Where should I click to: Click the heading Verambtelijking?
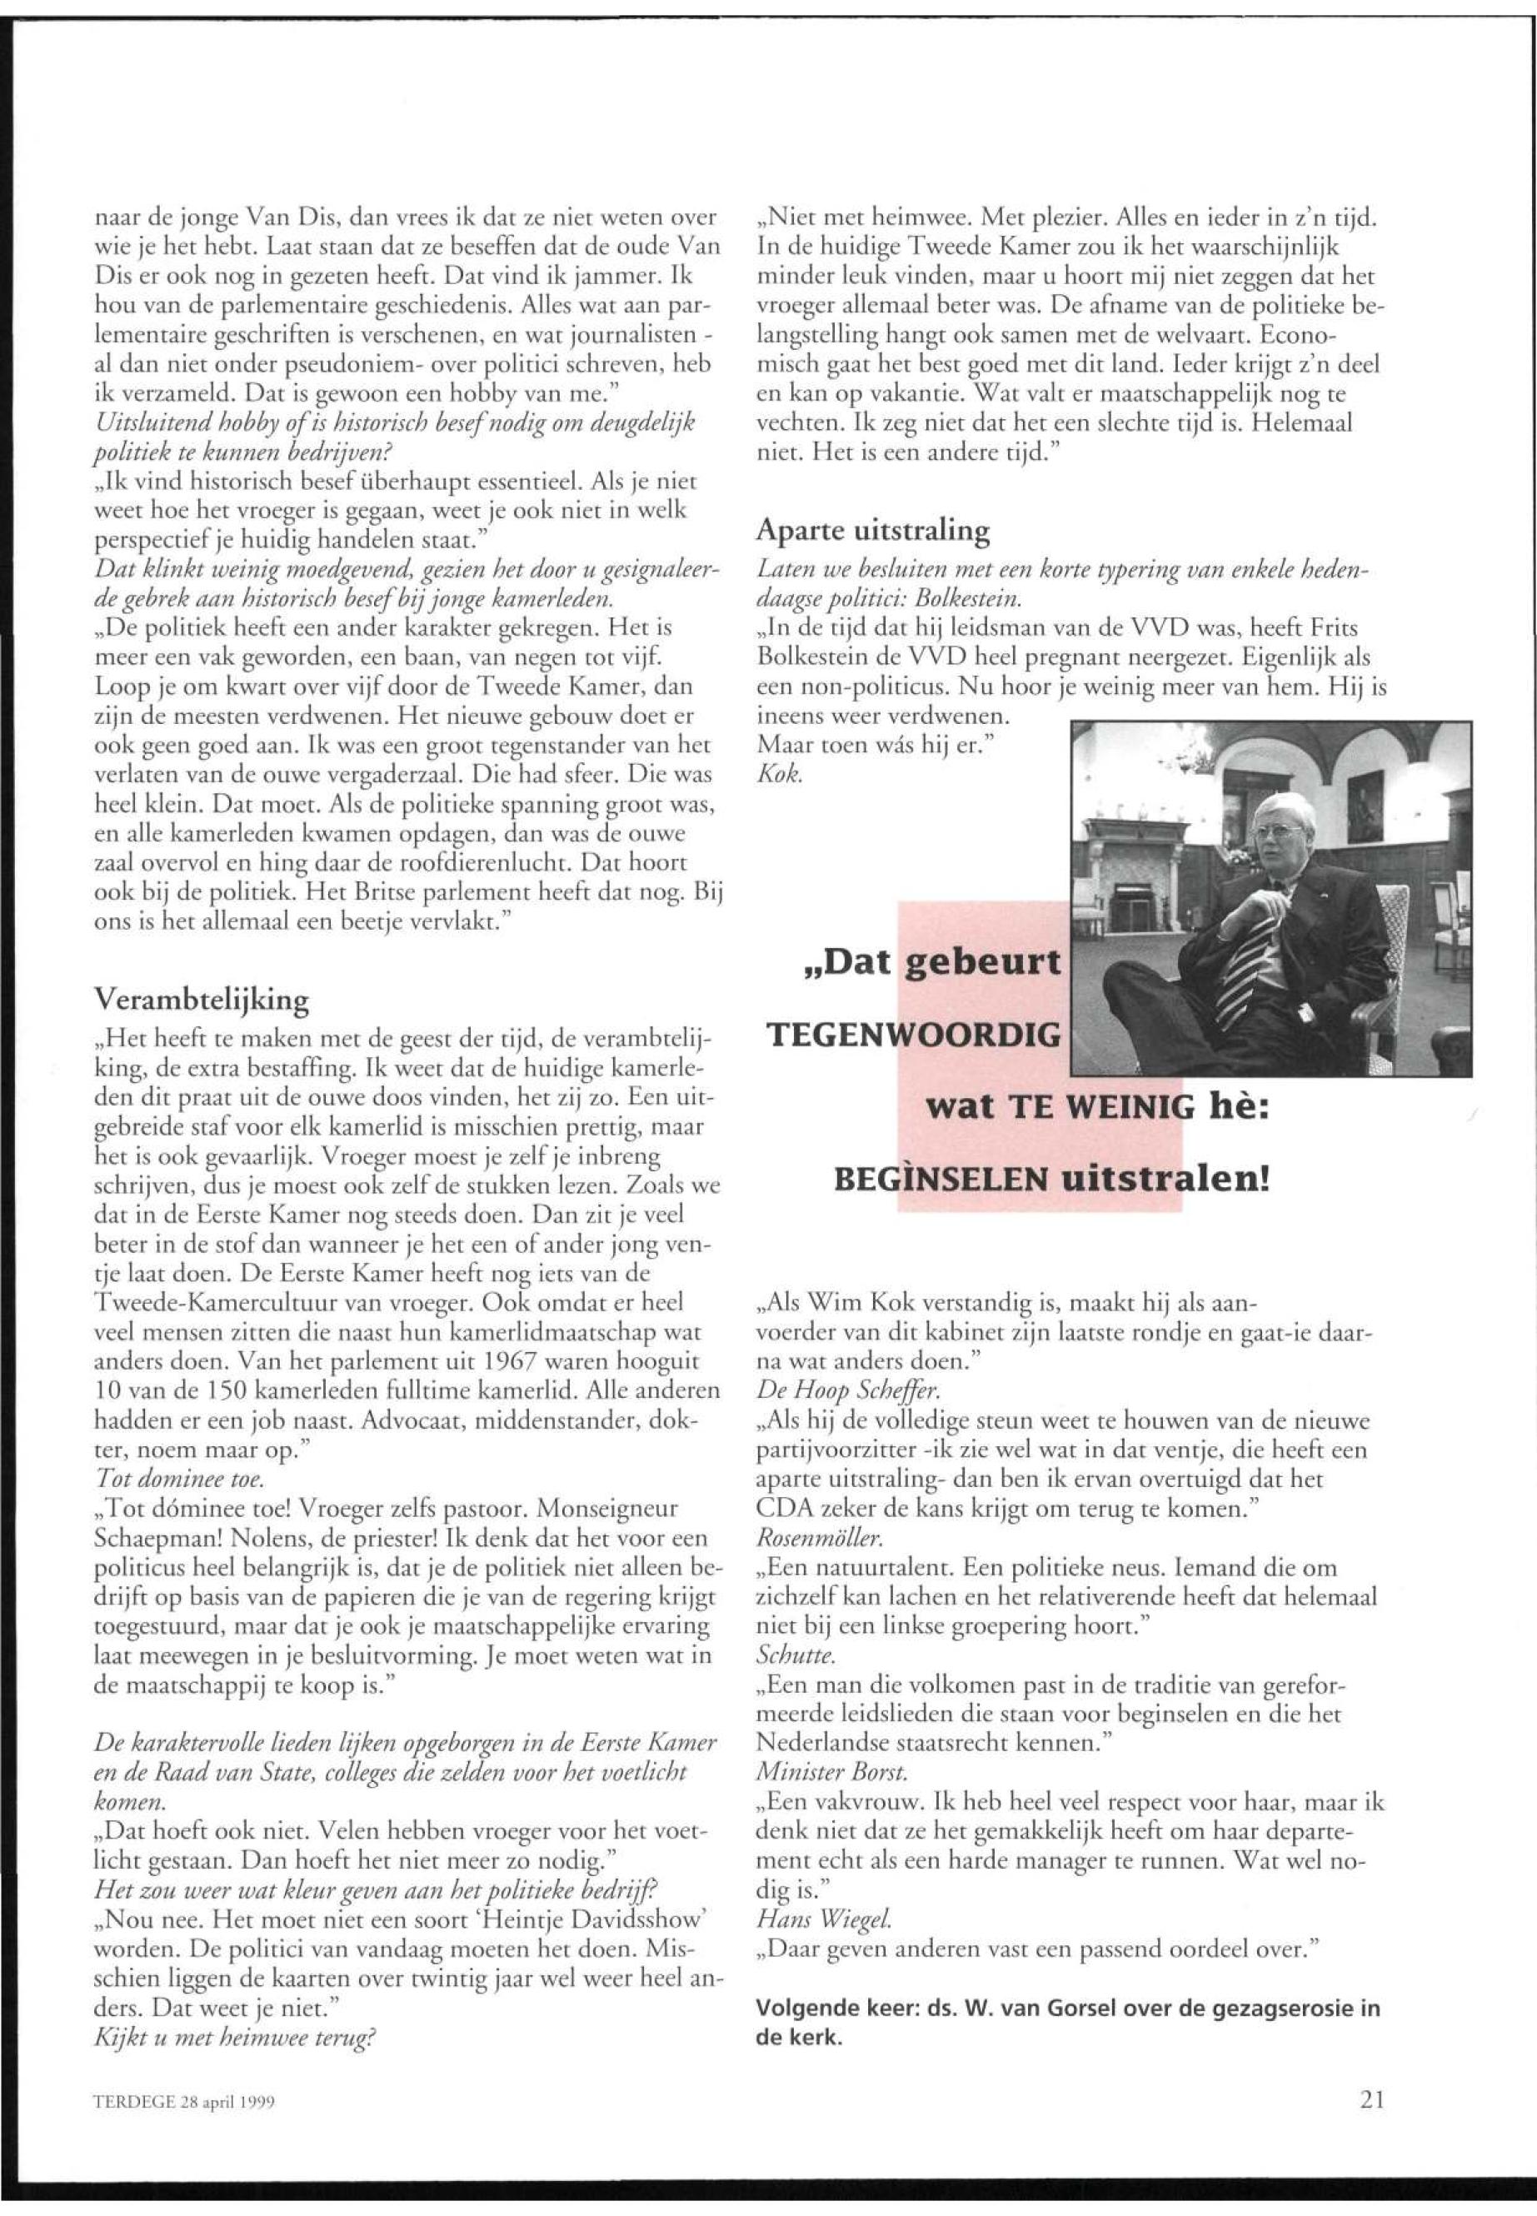tap(202, 1000)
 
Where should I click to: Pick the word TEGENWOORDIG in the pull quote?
tap(913, 1036)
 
